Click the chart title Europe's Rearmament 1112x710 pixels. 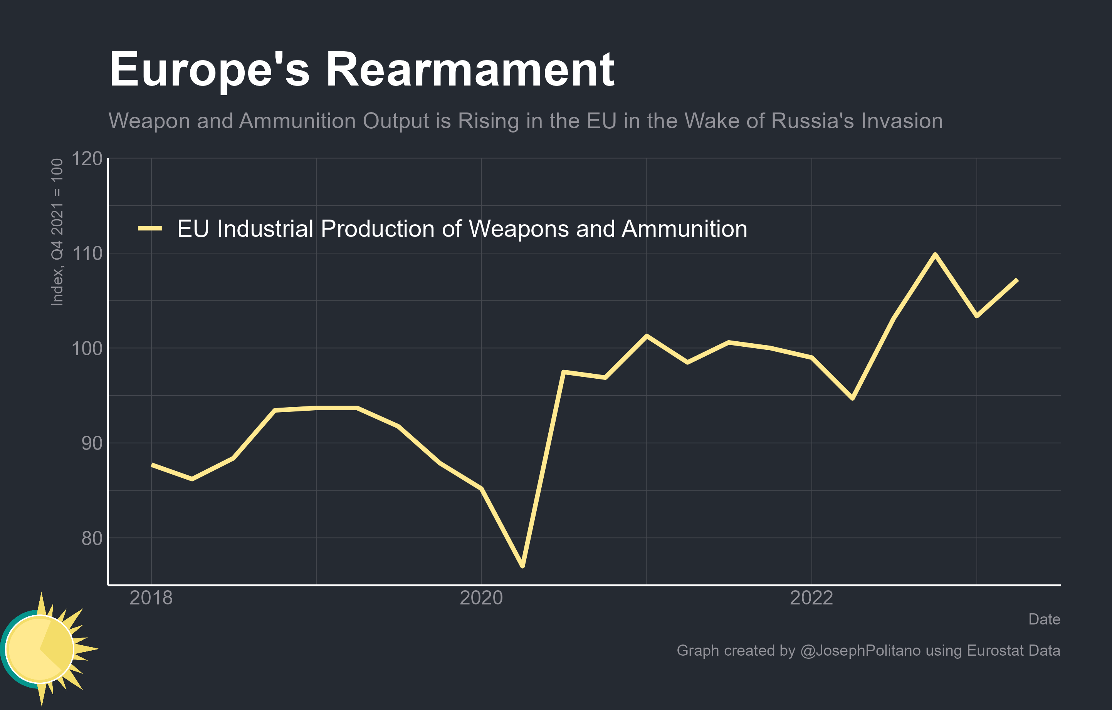click(x=361, y=70)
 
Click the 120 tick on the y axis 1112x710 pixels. click(x=87, y=159)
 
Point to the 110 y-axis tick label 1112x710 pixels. click(x=87, y=253)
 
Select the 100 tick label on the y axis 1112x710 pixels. click(x=87, y=349)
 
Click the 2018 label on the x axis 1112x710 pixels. click(x=151, y=598)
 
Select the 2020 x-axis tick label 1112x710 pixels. click(x=481, y=598)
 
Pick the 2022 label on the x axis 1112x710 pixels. click(x=811, y=598)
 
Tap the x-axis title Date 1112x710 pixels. click(x=1044, y=619)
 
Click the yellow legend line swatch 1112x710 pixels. click(x=149, y=228)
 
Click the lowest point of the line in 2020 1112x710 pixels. click(x=522, y=566)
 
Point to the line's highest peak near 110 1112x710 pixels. click(x=935, y=254)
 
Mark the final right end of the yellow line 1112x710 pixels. click(x=1017, y=280)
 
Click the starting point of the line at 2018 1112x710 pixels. click(x=152, y=465)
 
